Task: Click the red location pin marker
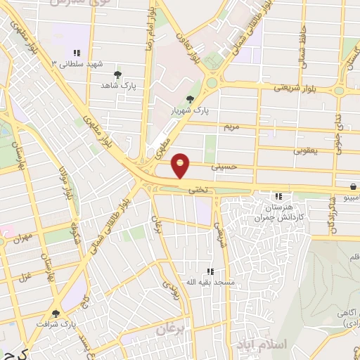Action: pos(181,166)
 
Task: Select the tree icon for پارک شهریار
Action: pos(188,99)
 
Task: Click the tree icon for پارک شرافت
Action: pos(56,314)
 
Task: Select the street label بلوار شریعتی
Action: pos(290,88)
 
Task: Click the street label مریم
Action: pos(232,127)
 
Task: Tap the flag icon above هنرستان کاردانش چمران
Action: pos(279,196)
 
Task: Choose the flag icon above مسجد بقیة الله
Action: pos(210,271)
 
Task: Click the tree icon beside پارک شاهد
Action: pos(117,74)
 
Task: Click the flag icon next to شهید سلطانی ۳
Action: pos(77,53)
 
